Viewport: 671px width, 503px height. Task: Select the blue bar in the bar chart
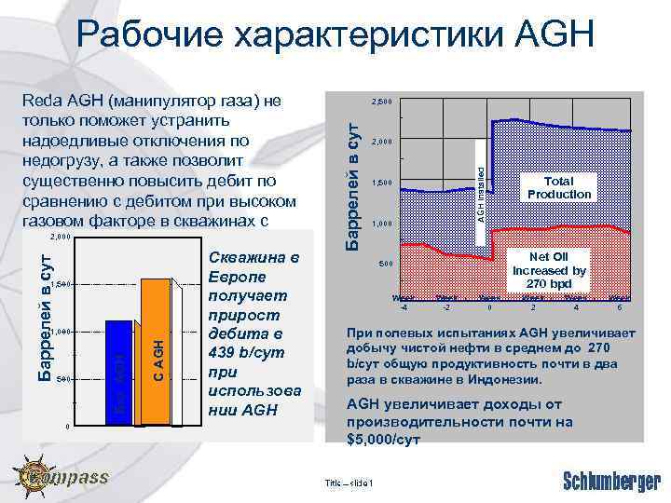(118, 373)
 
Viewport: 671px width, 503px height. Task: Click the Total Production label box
(559, 188)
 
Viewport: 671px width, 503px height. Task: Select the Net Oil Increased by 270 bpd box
(548, 270)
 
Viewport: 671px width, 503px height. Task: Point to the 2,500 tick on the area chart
(383, 101)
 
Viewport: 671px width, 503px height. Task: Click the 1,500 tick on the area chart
(383, 183)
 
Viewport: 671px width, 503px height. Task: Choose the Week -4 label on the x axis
(404, 302)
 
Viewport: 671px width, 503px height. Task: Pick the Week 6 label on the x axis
(619, 302)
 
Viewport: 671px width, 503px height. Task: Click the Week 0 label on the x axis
(489, 302)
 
